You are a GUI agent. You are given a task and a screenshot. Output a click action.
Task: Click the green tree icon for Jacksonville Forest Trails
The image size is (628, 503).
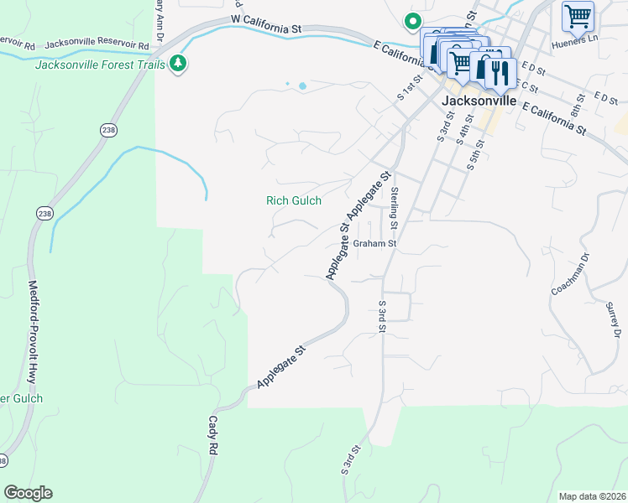tap(177, 64)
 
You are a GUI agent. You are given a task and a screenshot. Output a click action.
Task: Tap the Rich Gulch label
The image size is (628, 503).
tap(294, 200)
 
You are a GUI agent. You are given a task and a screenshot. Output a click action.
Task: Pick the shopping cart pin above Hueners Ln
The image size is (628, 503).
tap(578, 16)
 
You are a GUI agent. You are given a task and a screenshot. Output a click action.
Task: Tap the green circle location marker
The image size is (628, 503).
tap(412, 21)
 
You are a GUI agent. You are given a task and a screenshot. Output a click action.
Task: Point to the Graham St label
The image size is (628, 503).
tap(374, 244)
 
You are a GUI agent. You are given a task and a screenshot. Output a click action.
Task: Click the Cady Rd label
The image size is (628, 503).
tap(213, 435)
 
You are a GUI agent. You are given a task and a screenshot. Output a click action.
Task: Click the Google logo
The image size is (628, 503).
tap(28, 493)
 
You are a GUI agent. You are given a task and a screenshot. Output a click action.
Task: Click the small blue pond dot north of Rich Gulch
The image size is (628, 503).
tap(302, 86)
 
